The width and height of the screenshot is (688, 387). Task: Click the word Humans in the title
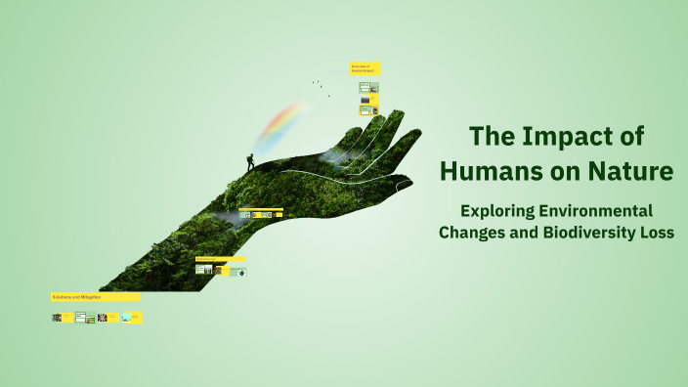(x=488, y=172)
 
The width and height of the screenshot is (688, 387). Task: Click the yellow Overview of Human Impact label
(x=365, y=69)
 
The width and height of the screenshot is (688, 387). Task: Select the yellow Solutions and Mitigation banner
(x=95, y=296)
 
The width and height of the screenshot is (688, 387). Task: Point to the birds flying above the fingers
(x=320, y=87)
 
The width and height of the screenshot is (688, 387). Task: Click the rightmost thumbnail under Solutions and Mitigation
(x=132, y=318)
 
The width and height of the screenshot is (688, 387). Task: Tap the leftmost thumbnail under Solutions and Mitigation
(x=57, y=318)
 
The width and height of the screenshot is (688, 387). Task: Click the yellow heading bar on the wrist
(x=221, y=259)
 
